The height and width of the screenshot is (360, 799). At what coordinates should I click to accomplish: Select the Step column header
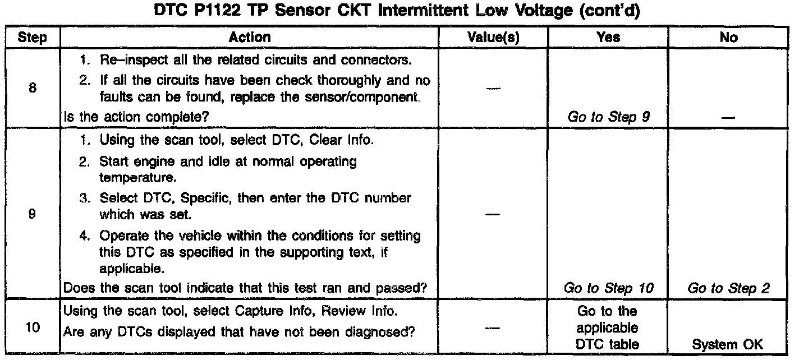click(x=32, y=38)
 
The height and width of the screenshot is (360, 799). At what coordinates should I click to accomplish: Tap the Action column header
click(x=250, y=38)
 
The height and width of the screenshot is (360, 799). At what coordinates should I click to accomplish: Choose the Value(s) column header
click(x=493, y=38)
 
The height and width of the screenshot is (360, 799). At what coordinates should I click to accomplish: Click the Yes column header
click(x=609, y=38)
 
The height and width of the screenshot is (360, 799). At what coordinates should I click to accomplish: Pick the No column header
click(x=728, y=38)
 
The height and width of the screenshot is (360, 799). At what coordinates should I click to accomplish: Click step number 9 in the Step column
click(x=32, y=213)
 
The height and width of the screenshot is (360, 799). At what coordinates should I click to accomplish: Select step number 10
click(x=32, y=328)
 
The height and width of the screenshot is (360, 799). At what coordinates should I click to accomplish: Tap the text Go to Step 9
click(x=609, y=117)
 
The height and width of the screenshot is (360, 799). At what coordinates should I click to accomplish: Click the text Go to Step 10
click(x=609, y=288)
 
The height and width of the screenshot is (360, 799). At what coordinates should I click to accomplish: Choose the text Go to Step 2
click(x=728, y=288)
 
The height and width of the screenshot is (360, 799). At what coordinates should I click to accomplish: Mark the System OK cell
click(x=728, y=345)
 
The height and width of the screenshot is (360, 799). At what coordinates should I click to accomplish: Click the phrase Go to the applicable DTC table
click(x=607, y=328)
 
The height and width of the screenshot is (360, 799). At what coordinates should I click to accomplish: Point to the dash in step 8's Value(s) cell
click(x=493, y=87)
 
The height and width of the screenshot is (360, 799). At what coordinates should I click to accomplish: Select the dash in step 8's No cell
click(x=728, y=118)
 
